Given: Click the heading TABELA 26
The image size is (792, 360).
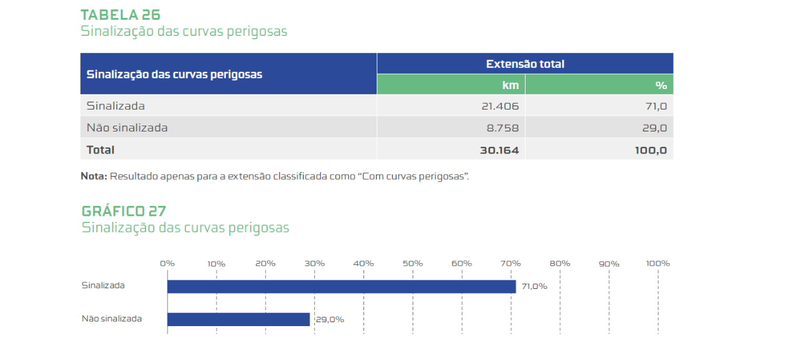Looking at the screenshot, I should pyautogui.click(x=120, y=15).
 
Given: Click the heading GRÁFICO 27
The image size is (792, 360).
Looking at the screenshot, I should pyautogui.click(x=124, y=211).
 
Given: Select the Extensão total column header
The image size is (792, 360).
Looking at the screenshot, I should pyautogui.click(x=525, y=64).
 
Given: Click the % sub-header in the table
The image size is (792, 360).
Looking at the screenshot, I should pyautogui.click(x=660, y=85).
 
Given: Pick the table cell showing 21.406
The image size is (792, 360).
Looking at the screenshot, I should pyautogui.click(x=500, y=106).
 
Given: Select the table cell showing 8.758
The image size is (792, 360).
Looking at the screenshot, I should pyautogui.click(x=503, y=128).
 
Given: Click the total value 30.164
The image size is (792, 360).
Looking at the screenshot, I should pyautogui.click(x=499, y=150).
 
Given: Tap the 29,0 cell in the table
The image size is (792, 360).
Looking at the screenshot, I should pyautogui.click(x=654, y=128).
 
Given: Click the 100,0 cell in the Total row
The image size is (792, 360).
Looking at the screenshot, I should pyautogui.click(x=650, y=150).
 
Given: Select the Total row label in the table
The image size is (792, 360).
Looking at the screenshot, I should pyautogui.click(x=100, y=150).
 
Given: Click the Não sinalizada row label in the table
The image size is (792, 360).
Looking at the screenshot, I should pyautogui.click(x=127, y=128).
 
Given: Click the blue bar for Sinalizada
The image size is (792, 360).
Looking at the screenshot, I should pyautogui.click(x=341, y=286).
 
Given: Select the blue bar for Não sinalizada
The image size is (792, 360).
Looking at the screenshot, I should pyautogui.click(x=239, y=319).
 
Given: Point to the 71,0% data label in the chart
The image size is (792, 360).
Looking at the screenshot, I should pyautogui.click(x=534, y=286).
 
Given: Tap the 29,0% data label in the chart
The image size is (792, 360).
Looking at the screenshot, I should pyautogui.click(x=329, y=319).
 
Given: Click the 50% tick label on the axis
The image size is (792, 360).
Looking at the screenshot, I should pyautogui.click(x=413, y=263).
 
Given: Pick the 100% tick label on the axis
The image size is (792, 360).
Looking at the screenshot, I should pyautogui.click(x=658, y=263).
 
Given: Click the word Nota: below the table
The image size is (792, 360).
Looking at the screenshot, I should pyautogui.click(x=94, y=177).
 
